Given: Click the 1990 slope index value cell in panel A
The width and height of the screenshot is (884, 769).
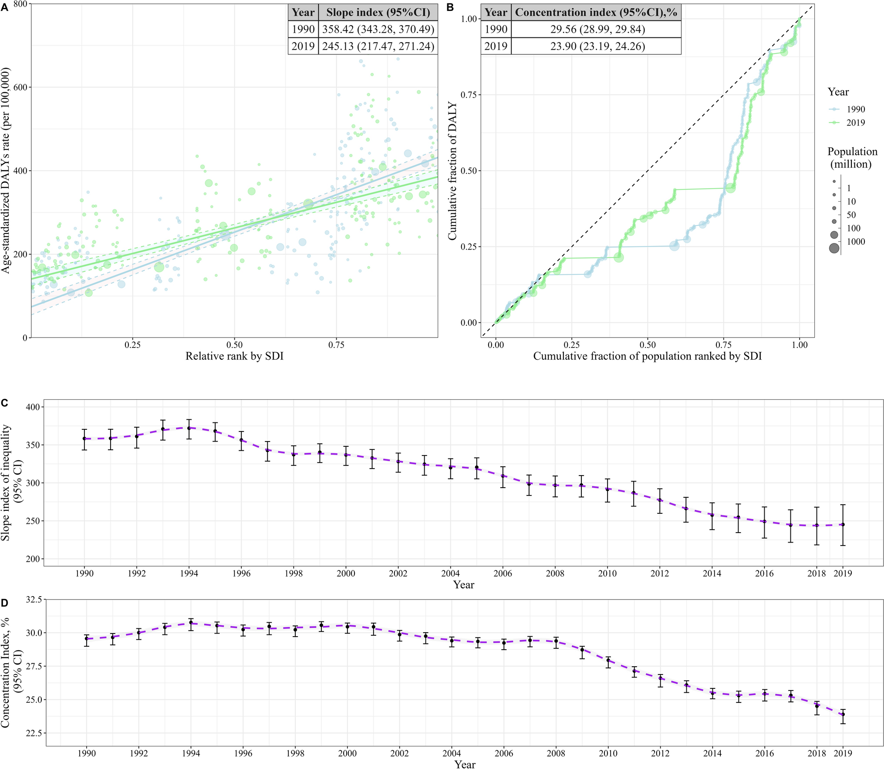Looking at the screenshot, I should click(x=378, y=29).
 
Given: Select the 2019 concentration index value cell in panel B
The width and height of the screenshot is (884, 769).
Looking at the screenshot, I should click(x=597, y=46).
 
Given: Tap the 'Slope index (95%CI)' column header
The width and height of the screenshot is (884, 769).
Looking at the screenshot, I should click(x=378, y=12).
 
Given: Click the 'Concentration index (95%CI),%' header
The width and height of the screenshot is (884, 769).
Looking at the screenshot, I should click(x=596, y=12).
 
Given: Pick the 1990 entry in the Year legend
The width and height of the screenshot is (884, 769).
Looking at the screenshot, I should click(x=855, y=109).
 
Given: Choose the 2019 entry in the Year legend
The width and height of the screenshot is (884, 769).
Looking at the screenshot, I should click(x=855, y=123).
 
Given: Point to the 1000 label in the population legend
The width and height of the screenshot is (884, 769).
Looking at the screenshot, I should click(x=856, y=242).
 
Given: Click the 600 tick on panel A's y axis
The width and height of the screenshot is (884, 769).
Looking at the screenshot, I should click(x=20, y=87).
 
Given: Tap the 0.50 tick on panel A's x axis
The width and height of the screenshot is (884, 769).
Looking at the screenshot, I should click(x=234, y=345).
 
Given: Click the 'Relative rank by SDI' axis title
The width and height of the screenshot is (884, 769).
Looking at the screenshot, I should click(x=234, y=356).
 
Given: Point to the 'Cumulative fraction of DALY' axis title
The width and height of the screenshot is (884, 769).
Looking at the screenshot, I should click(x=452, y=171).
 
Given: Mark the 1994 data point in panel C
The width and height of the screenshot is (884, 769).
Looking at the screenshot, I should click(x=189, y=428).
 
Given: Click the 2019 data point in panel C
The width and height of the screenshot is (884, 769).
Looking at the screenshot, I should click(x=843, y=525).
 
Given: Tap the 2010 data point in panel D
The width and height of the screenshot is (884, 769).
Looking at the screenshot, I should click(x=608, y=660).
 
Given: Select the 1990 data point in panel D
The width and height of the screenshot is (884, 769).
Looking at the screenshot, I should click(x=87, y=639).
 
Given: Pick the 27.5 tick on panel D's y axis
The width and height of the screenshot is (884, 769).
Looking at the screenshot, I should click(x=34, y=666).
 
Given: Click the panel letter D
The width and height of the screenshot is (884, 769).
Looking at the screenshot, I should click(x=5, y=603).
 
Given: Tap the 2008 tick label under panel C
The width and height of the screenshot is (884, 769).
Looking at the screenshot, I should click(x=555, y=573).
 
